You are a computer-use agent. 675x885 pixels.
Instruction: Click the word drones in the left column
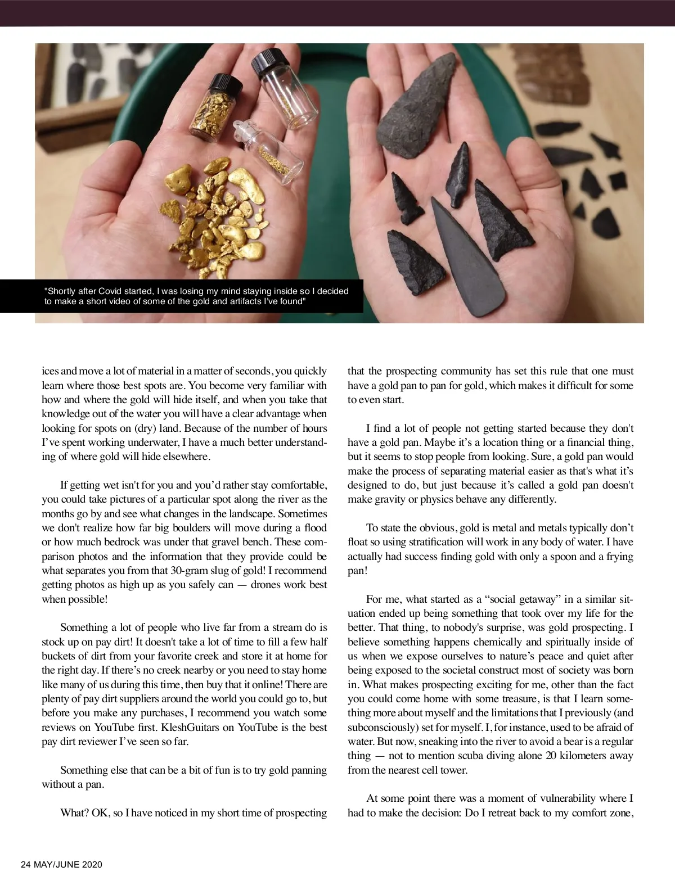point(267,585)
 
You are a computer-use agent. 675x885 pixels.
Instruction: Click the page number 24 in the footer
point(26,865)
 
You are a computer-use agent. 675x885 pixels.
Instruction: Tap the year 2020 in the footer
point(92,865)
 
